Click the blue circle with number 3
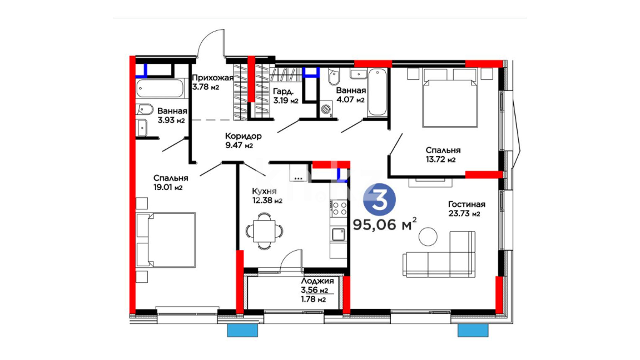379,200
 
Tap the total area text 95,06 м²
385,224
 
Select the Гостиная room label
467,204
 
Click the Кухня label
264,191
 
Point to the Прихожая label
213,78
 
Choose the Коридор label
243,136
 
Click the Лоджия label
317,281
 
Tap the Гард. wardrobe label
283,91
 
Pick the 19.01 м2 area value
168,187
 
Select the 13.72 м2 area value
441,159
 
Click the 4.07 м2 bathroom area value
350,99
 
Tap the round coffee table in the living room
428,236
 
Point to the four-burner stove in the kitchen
339,208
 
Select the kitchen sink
338,234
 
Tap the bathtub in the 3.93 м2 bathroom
160,88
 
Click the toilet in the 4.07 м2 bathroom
333,77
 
